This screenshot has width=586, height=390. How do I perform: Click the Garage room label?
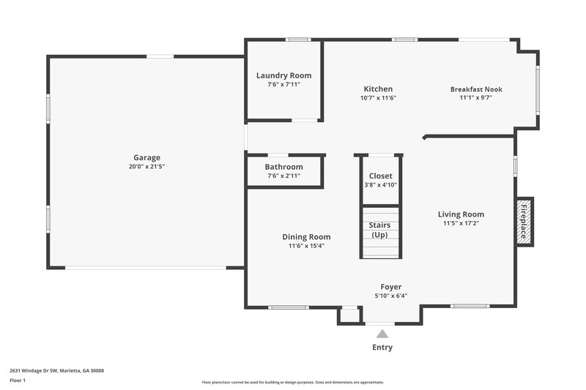146,157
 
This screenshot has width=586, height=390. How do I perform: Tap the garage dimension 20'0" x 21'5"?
146,167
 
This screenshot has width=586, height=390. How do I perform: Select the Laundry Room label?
283,75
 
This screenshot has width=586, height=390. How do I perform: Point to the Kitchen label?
378,89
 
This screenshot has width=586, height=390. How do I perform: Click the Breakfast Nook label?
476,89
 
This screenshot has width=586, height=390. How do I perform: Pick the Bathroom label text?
284,167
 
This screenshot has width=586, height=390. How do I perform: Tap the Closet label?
380,176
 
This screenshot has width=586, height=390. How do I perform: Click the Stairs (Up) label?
379,230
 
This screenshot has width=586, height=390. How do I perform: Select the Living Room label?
461,214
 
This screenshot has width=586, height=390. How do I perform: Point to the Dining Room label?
306,236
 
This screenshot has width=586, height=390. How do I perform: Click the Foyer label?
390,287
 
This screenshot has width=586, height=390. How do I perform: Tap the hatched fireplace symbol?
524,222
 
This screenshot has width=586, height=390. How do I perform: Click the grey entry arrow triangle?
382,334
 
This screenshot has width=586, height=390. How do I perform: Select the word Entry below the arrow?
382,348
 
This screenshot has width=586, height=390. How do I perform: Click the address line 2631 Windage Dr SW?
57,371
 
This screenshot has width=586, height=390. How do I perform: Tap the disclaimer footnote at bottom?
292,382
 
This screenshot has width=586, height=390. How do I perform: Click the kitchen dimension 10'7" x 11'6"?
378,98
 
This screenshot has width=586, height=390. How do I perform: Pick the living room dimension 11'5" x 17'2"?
461,224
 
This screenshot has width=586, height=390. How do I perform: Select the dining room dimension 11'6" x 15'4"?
306,246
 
